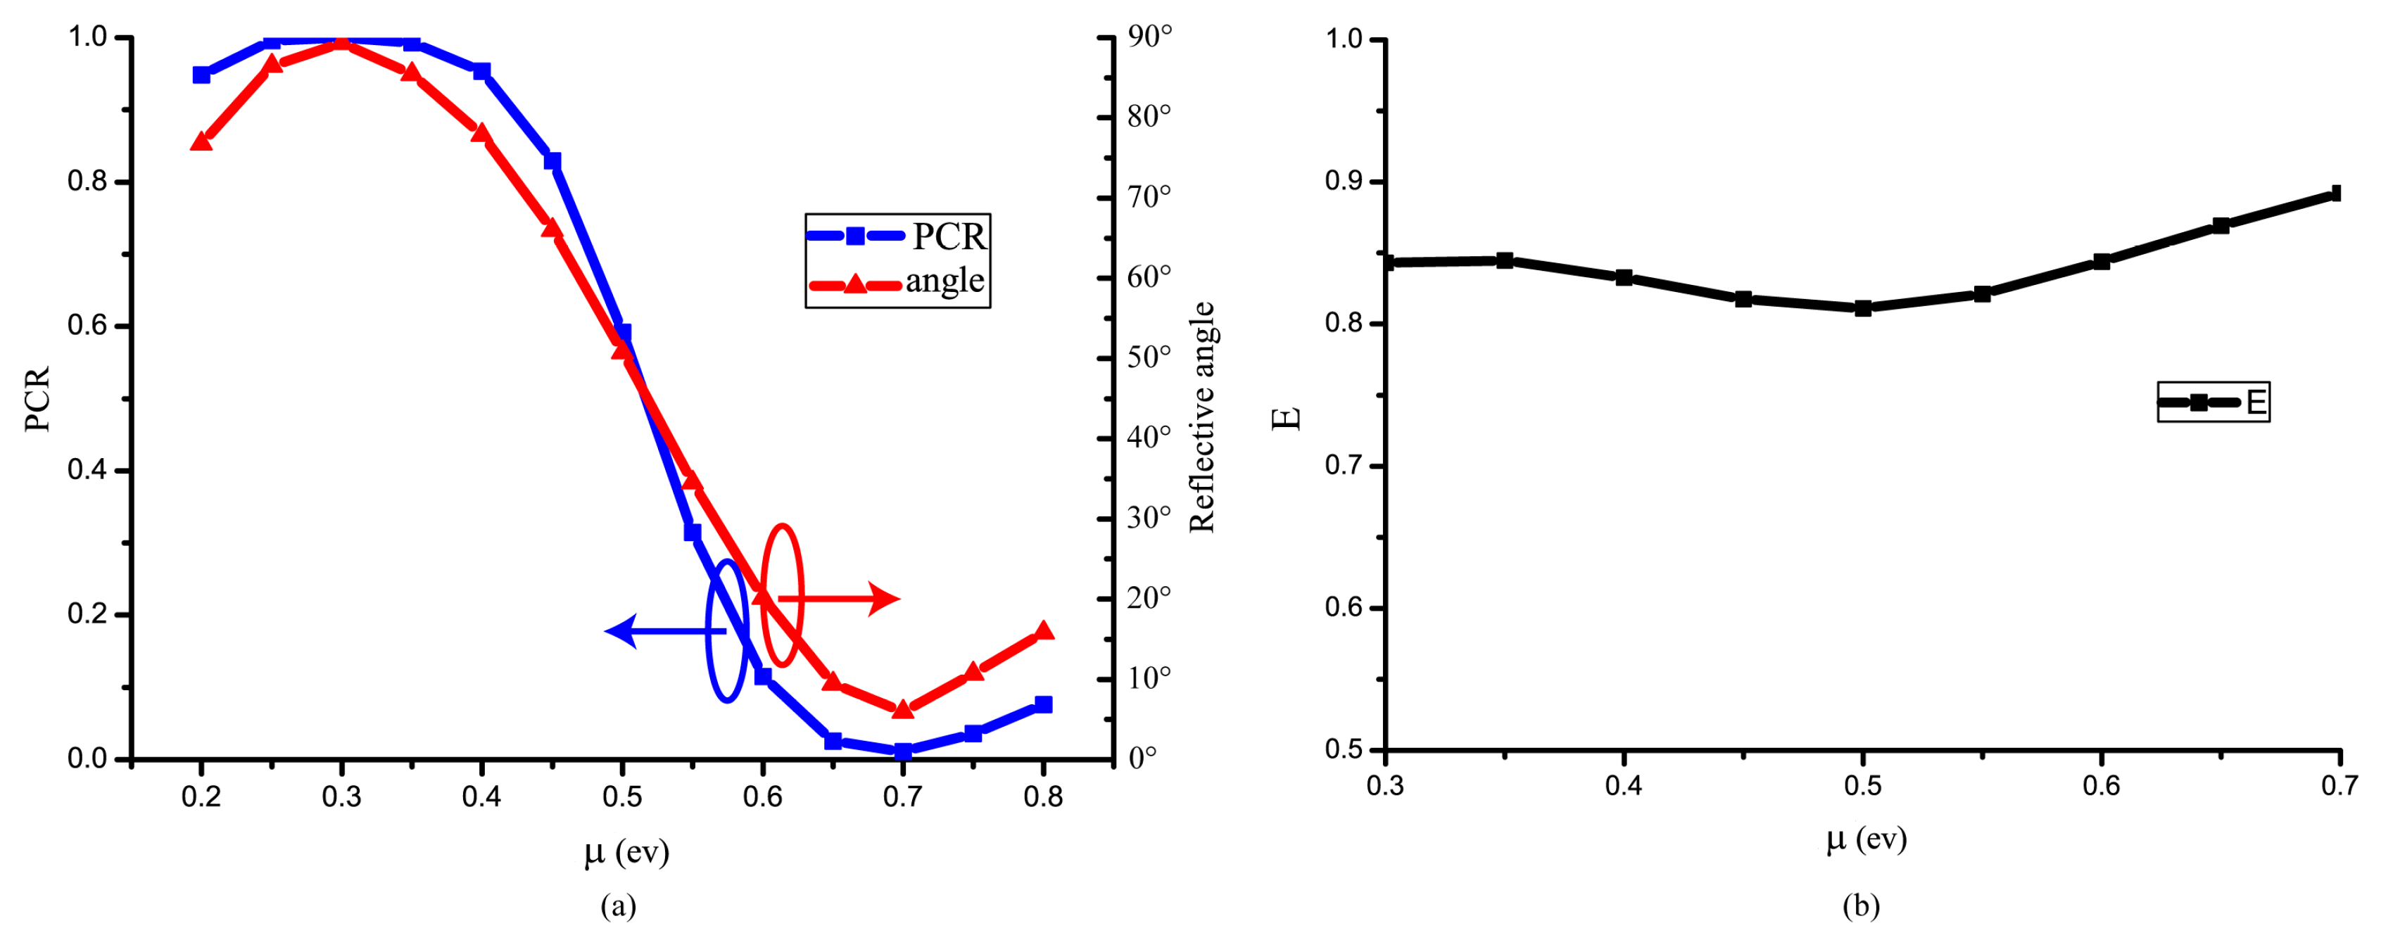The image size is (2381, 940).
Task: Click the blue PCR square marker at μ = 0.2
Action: [x=201, y=75]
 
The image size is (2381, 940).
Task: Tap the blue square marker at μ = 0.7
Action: [x=903, y=751]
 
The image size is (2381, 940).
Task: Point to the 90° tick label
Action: [x=1149, y=37]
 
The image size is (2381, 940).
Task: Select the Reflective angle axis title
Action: [x=1201, y=416]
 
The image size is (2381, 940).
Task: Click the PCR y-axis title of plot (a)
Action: [x=38, y=398]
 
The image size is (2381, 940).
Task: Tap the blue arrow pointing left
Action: [x=661, y=631]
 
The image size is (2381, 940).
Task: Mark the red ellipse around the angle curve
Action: [x=782, y=595]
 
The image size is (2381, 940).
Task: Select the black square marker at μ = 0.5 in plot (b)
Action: [x=1862, y=307]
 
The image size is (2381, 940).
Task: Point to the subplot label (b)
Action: [x=1861, y=906]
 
